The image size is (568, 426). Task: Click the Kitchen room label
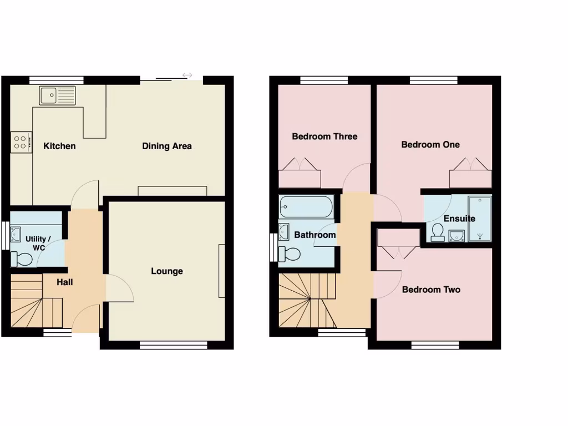[x=59, y=146]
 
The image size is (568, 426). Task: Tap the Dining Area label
[x=167, y=146]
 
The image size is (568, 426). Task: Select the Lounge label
[x=167, y=271]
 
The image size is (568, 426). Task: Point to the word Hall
[x=65, y=282]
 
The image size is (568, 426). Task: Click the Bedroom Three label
[x=324, y=136]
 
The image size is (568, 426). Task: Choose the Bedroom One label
[x=430, y=145]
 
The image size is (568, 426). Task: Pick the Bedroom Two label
[x=431, y=290]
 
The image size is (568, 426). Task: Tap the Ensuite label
[x=459, y=219]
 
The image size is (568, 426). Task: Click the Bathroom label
[x=315, y=235]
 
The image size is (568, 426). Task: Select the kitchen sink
[x=57, y=95]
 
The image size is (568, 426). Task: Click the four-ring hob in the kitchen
[x=21, y=143]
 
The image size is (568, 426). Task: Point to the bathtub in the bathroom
[x=306, y=207]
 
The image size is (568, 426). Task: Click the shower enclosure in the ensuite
[x=480, y=219]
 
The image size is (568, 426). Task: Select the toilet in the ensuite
[x=438, y=232]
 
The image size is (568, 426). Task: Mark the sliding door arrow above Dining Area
[x=187, y=75]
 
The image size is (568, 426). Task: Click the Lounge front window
[x=173, y=345]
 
